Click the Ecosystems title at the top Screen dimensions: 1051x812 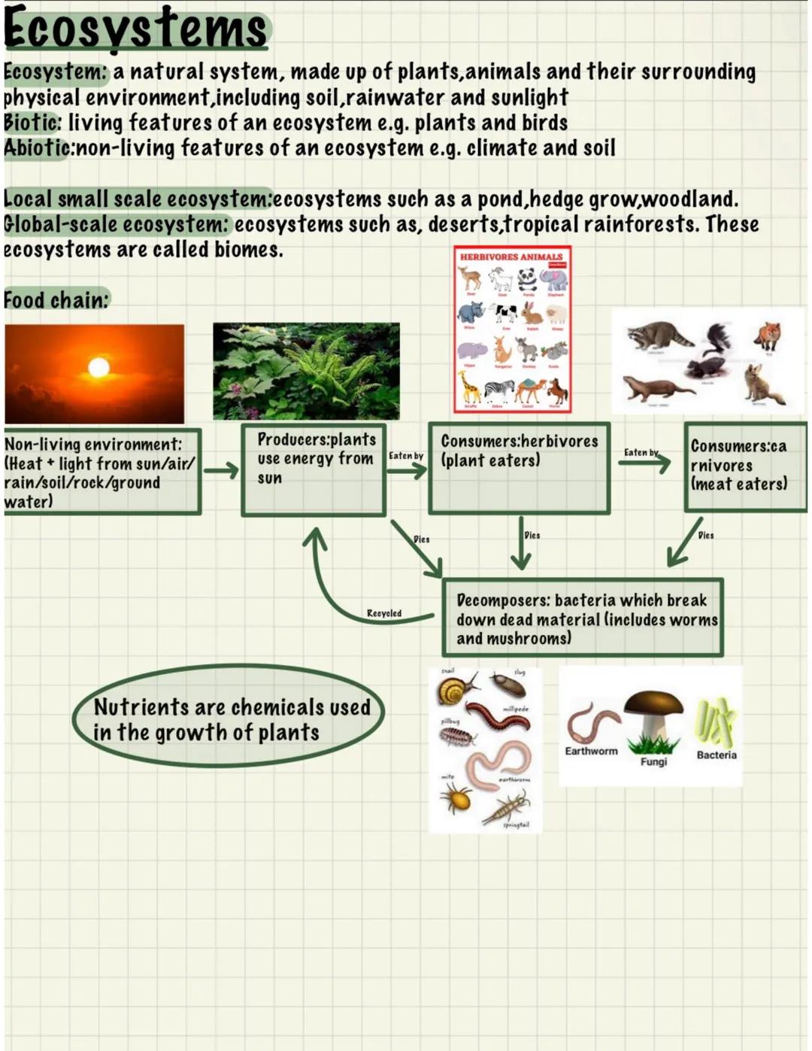point(135,29)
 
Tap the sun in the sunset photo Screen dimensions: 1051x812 point(98,367)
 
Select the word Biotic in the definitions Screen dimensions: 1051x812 point(31,122)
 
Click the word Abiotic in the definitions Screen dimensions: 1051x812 point(36,147)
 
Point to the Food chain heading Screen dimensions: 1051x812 point(56,299)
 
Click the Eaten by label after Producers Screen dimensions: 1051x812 point(406,456)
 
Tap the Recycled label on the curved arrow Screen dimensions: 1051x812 point(383,613)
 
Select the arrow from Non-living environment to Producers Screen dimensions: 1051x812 point(220,471)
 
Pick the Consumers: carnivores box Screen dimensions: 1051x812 point(744,466)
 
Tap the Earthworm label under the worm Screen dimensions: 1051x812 point(591,751)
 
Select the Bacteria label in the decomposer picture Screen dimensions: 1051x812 point(717,755)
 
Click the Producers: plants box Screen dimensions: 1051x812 point(314,469)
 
